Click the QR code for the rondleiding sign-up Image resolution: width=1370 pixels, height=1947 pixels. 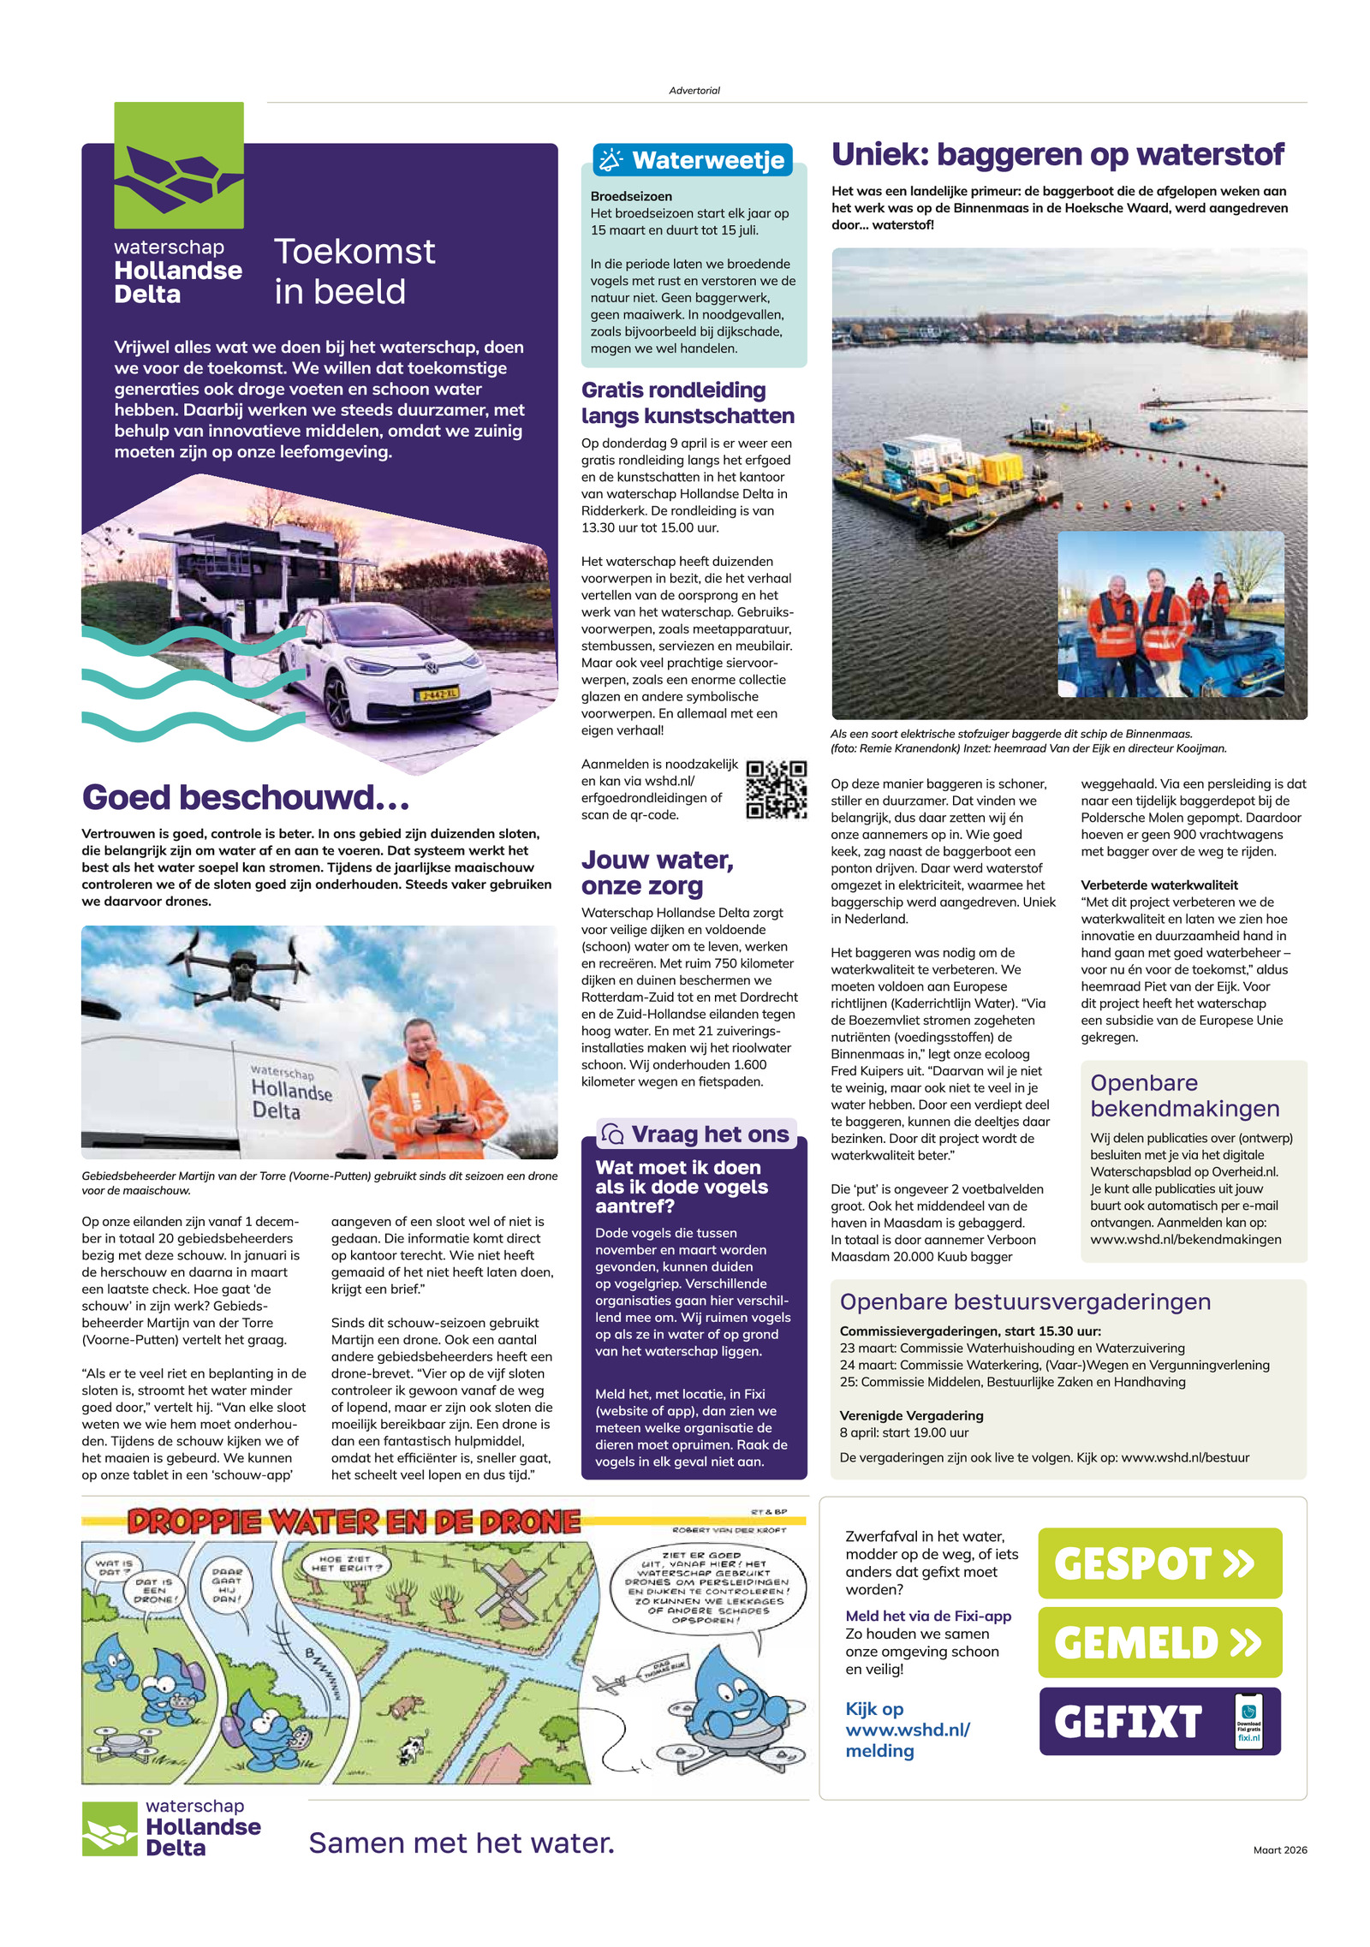[776, 789]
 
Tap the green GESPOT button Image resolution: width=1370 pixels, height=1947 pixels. [1159, 1563]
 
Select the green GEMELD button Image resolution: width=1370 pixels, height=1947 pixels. [1159, 1641]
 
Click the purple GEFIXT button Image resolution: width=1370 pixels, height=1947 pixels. [1159, 1721]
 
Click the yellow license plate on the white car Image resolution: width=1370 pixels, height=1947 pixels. [438, 693]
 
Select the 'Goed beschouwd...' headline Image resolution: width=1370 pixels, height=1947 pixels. [246, 797]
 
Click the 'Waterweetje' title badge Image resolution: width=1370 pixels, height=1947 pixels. [693, 160]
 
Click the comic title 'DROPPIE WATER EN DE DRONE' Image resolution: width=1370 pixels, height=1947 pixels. [354, 1521]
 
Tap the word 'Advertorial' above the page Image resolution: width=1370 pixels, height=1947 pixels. [694, 90]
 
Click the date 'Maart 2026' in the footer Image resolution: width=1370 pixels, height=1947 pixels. [1279, 1849]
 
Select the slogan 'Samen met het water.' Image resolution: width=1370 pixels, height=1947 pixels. [461, 1843]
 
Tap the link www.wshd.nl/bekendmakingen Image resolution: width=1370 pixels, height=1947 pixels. [1185, 1239]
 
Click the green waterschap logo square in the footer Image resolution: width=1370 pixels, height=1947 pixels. [110, 1829]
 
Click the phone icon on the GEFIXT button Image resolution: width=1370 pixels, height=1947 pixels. [1248, 1721]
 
